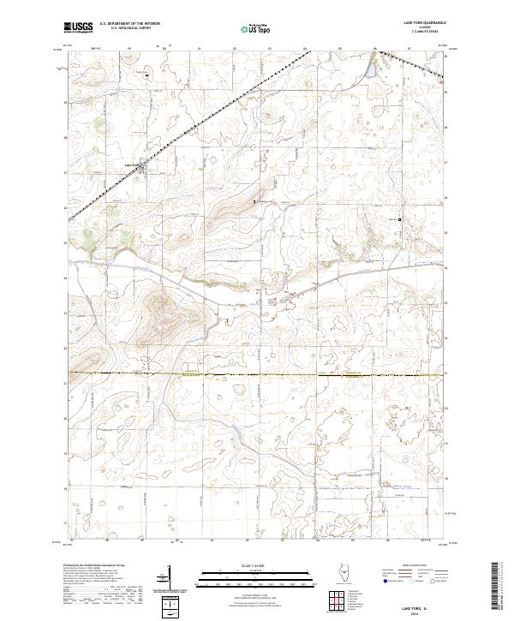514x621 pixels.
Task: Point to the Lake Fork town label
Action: click(131, 164)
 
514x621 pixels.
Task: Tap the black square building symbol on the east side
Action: click(399, 218)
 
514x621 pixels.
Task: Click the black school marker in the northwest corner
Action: click(146, 75)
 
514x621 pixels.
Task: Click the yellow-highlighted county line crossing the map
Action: click(257, 374)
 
